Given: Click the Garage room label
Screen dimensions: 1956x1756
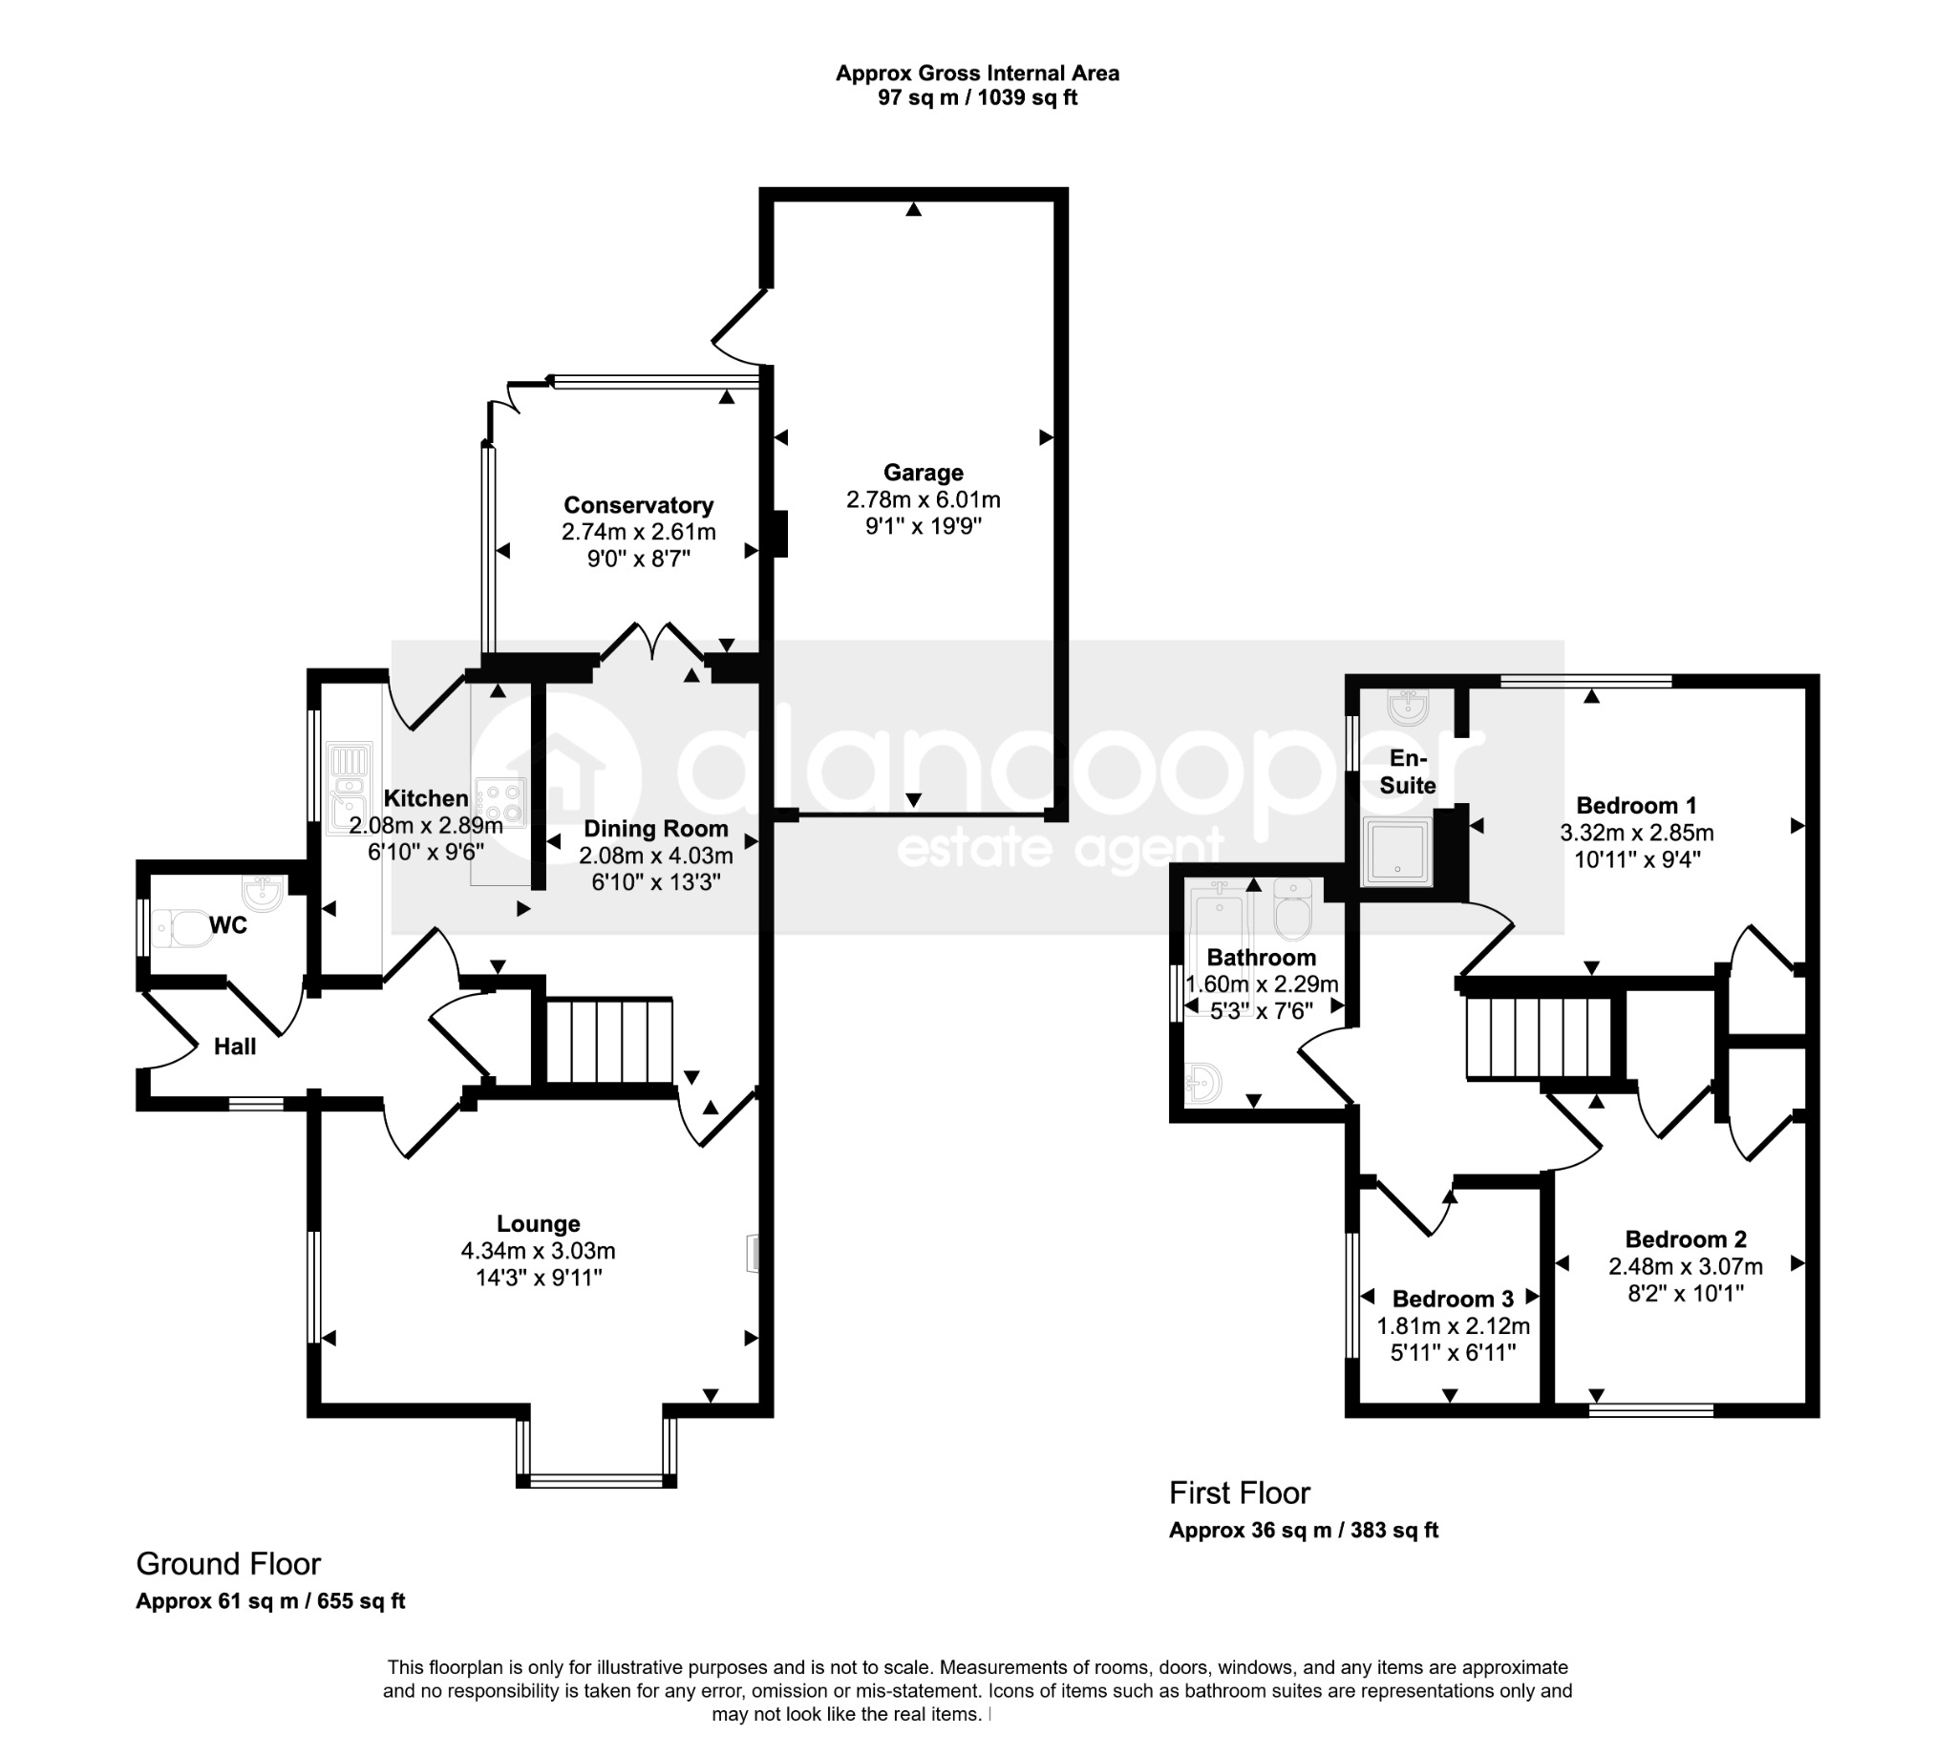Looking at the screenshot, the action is pyautogui.click(x=923, y=473).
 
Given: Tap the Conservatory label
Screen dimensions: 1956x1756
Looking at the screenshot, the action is pyautogui.click(x=638, y=504).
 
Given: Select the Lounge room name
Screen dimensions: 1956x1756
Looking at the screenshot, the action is pyautogui.click(x=538, y=1223).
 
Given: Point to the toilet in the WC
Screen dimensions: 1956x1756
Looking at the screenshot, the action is pyautogui.click(x=183, y=928).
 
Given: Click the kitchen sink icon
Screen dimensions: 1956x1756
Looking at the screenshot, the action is pyautogui.click(x=350, y=787).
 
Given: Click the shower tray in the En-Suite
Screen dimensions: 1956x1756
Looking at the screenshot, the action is pyautogui.click(x=1396, y=852).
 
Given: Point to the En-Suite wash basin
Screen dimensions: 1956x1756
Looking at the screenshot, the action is pyautogui.click(x=1407, y=709).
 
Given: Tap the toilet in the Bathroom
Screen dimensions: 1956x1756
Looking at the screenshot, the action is pyautogui.click(x=1292, y=908).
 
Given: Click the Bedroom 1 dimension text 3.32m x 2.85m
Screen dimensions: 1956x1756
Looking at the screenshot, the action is pyautogui.click(x=1637, y=832).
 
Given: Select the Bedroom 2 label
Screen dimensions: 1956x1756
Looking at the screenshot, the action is pyautogui.click(x=1685, y=1238).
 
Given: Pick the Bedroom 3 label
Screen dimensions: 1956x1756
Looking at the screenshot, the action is pyautogui.click(x=1453, y=1299).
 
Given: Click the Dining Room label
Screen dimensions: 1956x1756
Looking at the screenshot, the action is pyautogui.click(x=655, y=829).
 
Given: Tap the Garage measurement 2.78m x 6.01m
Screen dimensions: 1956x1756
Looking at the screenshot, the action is pyautogui.click(x=923, y=499).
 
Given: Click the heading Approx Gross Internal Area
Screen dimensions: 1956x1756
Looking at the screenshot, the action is pyautogui.click(x=976, y=74).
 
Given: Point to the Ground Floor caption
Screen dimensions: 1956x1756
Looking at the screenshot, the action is pyautogui.click(x=227, y=1563).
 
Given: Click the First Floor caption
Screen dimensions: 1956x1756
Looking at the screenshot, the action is pyautogui.click(x=1239, y=1492).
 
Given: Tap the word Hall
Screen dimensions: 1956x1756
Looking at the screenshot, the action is pyautogui.click(x=235, y=1047).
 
